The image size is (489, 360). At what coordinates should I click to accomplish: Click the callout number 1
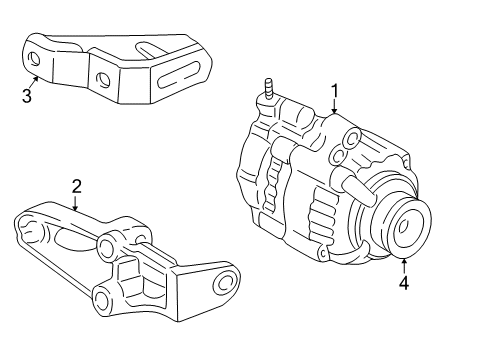(335, 91)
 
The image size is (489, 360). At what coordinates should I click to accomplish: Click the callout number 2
(75, 186)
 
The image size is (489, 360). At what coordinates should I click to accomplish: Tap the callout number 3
(27, 96)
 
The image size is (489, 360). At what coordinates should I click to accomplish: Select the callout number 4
(404, 282)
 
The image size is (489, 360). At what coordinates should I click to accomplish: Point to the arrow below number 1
(335, 106)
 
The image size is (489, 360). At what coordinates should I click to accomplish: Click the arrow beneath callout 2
(75, 202)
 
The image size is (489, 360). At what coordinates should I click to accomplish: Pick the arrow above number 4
(404, 265)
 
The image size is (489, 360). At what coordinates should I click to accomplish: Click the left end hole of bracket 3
(34, 57)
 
